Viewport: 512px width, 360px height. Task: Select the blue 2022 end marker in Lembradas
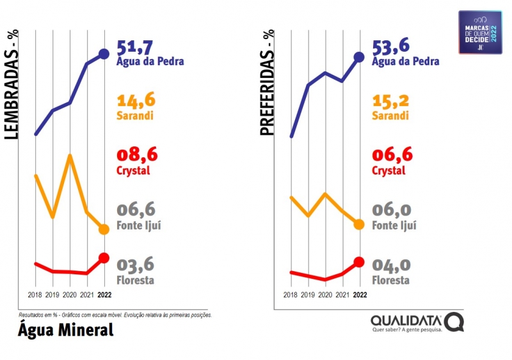tap(104, 54)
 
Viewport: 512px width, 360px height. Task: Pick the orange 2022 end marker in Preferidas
tap(359, 224)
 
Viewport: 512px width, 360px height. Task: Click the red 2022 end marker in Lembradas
tap(104, 258)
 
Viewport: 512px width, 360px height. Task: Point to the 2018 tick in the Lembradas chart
tap(35, 295)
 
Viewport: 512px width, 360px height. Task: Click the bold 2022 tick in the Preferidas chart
tap(360, 295)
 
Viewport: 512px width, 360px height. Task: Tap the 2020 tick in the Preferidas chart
tap(325, 295)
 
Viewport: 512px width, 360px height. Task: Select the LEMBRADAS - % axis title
tap(11, 85)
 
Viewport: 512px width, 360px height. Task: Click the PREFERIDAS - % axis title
tap(266, 83)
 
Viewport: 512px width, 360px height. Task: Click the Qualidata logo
tap(417, 322)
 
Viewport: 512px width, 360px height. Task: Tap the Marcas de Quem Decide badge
tap(480, 32)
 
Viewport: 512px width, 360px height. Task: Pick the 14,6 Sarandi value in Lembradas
tap(136, 100)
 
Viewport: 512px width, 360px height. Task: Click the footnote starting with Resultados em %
tap(115, 315)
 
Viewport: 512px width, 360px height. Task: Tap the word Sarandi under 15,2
tap(390, 116)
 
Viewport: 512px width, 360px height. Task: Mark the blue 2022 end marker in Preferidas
tap(359, 58)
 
